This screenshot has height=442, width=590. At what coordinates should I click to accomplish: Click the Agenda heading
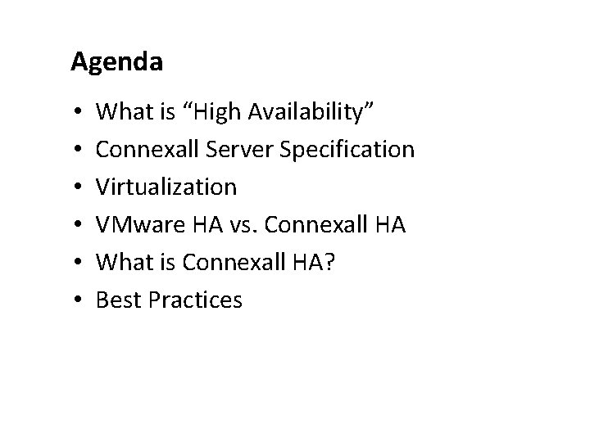pos(116,62)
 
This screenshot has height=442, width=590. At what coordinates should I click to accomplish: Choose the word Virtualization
pos(166,187)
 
